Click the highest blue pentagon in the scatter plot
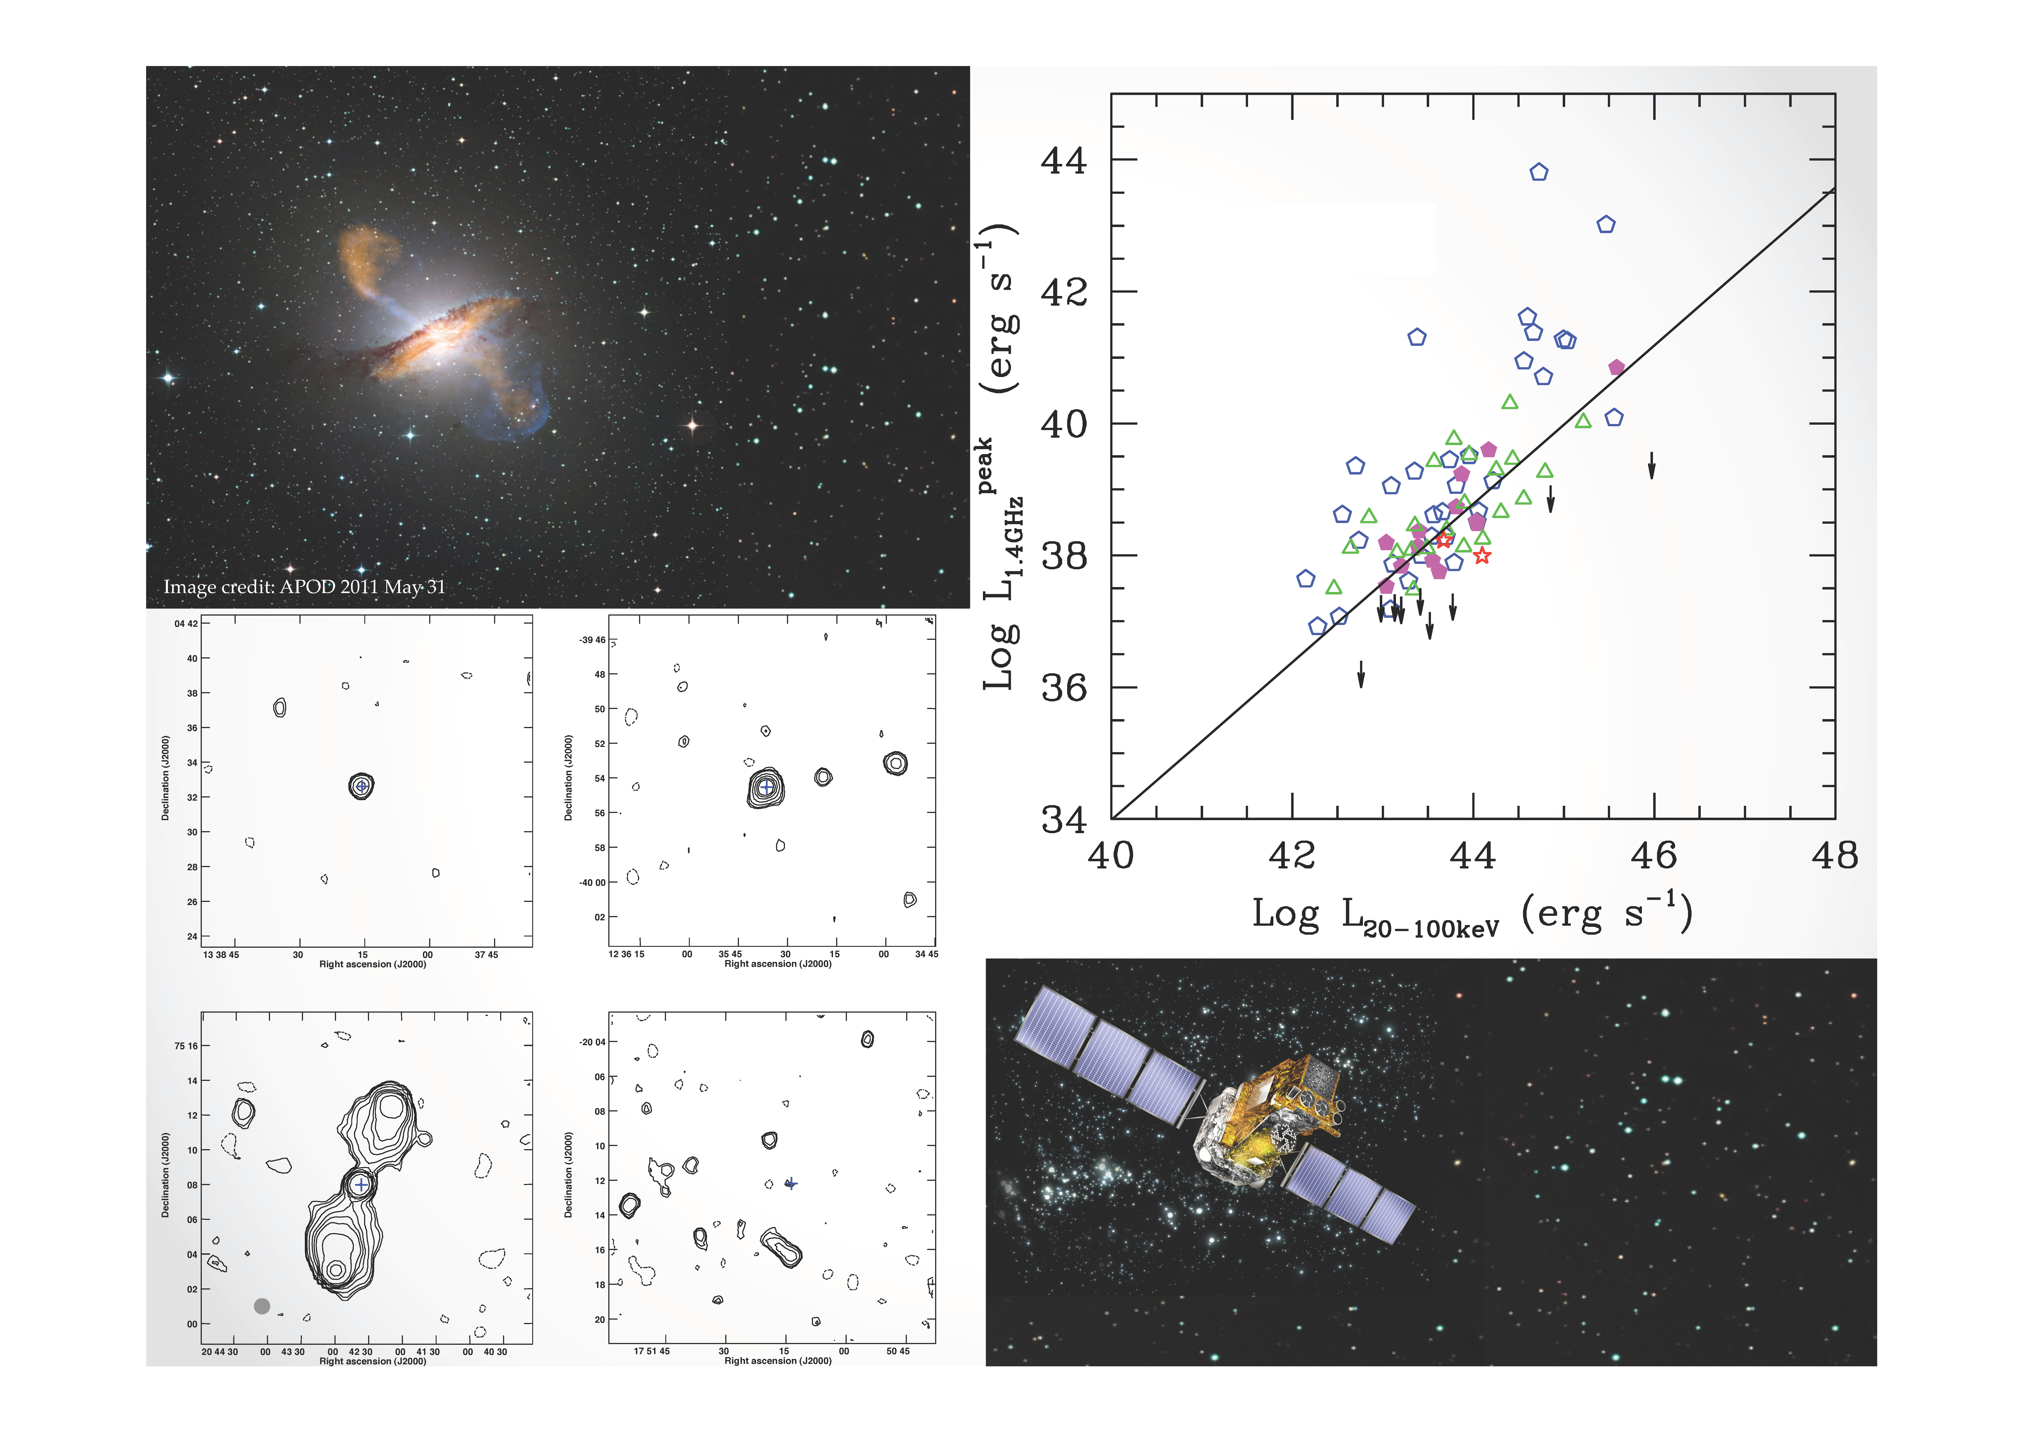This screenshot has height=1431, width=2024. pos(1538,172)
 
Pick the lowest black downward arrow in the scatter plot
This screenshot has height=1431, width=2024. pos(1361,674)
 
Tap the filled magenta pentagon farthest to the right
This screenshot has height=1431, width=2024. pos(1616,367)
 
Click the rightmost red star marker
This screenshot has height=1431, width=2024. pos(1482,555)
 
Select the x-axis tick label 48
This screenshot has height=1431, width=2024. pos(1835,855)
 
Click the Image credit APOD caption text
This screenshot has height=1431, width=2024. pos(304,586)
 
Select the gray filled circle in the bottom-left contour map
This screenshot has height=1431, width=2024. pos(262,1306)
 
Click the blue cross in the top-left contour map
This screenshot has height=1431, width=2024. pos(361,786)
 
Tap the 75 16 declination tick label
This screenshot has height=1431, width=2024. pos(186,1046)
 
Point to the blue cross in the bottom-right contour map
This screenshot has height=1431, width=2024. pos(791,1183)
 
